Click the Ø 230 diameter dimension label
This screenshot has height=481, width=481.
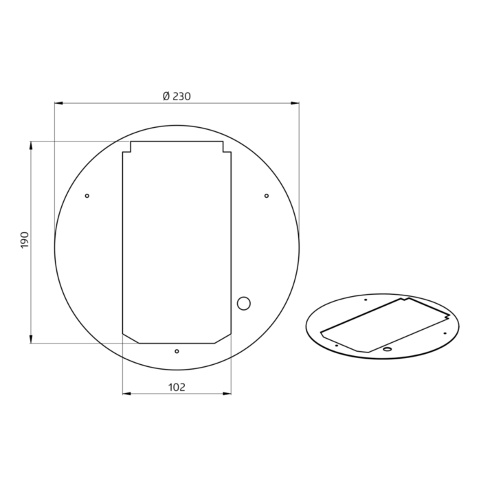pyautogui.click(x=177, y=96)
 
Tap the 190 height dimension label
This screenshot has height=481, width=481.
pyautogui.click(x=25, y=240)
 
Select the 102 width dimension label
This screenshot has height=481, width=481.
pyautogui.click(x=177, y=388)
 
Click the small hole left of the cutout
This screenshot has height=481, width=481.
pyautogui.click(x=87, y=196)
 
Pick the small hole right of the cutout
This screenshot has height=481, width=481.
pyautogui.click(x=267, y=196)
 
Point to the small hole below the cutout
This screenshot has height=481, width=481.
pyautogui.click(x=177, y=351)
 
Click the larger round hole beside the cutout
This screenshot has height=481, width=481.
pyautogui.click(x=244, y=304)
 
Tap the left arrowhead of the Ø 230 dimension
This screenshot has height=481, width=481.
pyautogui.click(x=58, y=103)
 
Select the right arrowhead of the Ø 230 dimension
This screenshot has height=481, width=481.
pyautogui.click(x=295, y=103)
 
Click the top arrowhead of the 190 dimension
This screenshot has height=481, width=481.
pyautogui.click(x=31, y=146)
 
